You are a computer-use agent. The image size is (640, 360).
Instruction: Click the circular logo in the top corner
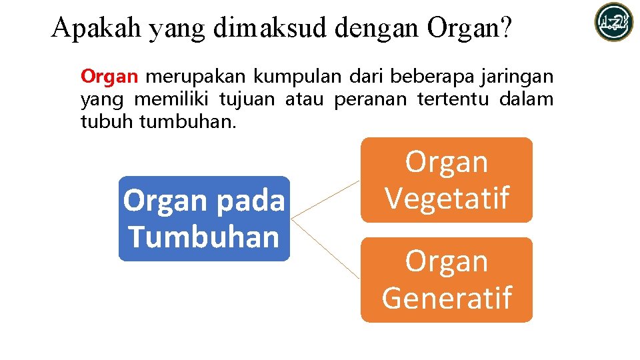[x=614, y=22]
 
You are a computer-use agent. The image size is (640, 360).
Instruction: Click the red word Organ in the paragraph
[x=109, y=77]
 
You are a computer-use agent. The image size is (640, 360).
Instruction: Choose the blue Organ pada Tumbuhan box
[x=204, y=218]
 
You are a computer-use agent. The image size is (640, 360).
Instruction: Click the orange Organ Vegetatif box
[x=447, y=180]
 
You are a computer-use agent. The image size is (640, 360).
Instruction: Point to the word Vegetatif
[x=447, y=198]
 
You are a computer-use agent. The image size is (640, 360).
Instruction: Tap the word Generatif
[x=447, y=297]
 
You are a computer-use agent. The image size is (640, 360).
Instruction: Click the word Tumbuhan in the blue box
[x=204, y=237]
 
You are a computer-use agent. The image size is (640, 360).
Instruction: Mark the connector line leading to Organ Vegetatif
[x=326, y=199]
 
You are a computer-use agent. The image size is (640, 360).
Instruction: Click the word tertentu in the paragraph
[x=451, y=99]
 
